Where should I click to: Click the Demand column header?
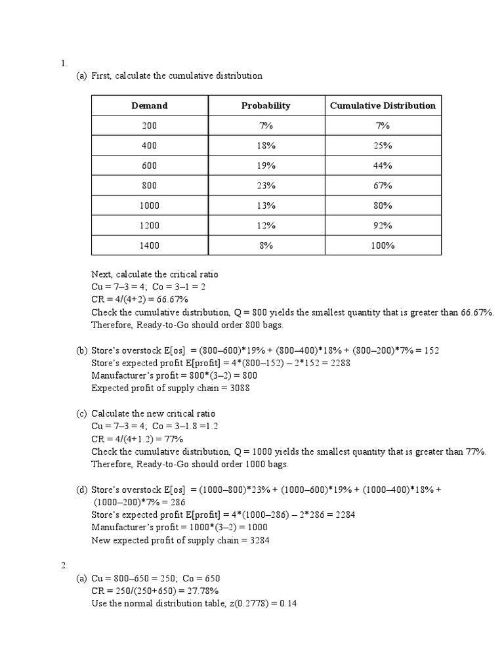(150, 106)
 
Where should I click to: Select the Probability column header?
(266, 106)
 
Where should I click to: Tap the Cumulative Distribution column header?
(383, 106)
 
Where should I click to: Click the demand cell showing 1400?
(150, 246)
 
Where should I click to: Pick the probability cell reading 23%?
(266, 186)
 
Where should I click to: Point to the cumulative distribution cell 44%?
(383, 166)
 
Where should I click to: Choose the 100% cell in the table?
(383, 246)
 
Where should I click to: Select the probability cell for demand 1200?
(266, 226)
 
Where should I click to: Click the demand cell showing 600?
(150, 166)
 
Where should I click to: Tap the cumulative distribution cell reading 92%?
(383, 226)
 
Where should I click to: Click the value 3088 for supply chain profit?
(240, 388)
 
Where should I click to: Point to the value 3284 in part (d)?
(259, 540)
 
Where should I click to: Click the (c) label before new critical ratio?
(81, 413)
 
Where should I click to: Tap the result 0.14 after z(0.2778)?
(288, 603)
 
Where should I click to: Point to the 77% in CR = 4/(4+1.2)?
(173, 439)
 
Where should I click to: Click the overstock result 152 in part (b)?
(431, 350)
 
